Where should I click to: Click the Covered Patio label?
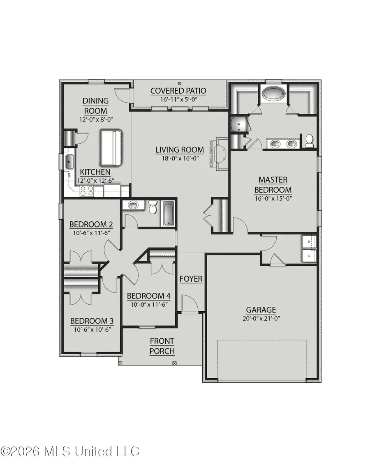(178, 91)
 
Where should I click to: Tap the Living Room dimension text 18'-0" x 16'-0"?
(180, 158)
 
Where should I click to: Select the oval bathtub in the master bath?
(273, 94)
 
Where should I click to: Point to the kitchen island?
(111, 148)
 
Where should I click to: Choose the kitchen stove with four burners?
(87, 190)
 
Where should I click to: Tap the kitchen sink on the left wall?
(69, 162)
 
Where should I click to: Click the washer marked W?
(309, 256)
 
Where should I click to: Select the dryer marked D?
(309, 242)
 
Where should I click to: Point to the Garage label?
(261, 310)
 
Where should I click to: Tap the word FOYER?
(191, 279)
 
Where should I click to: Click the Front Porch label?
(162, 346)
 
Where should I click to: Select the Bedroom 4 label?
(148, 296)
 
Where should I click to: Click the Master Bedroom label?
(273, 185)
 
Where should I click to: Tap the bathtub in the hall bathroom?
(168, 213)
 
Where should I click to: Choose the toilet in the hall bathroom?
(153, 208)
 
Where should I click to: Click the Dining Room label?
(95, 106)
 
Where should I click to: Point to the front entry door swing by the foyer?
(189, 305)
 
